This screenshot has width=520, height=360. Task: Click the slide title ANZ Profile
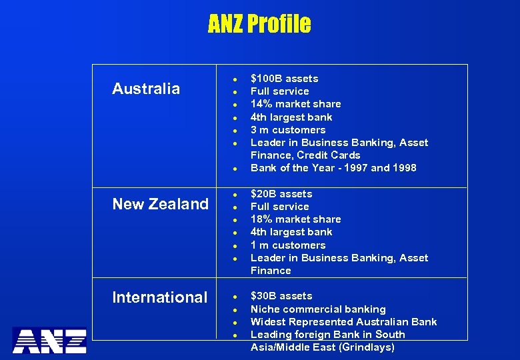tap(259, 25)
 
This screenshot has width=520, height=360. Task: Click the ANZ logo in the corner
tap(50, 340)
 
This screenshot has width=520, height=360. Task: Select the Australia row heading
tap(146, 89)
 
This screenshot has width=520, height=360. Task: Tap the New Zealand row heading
tap(160, 204)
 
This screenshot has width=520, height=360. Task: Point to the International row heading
tap(159, 297)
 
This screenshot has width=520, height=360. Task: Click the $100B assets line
tap(284, 79)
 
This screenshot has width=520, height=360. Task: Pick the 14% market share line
tap(295, 104)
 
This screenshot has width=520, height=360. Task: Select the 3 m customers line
tap(287, 130)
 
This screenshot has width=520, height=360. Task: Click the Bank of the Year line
tap(333, 168)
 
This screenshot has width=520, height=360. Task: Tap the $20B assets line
tap(281, 194)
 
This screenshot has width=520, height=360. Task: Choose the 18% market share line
tap(295, 219)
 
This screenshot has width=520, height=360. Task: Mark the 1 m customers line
tap(287, 245)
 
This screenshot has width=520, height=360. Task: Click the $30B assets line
tap(281, 296)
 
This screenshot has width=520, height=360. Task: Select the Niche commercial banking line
tap(318, 309)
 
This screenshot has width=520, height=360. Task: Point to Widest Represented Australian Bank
tap(343, 322)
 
